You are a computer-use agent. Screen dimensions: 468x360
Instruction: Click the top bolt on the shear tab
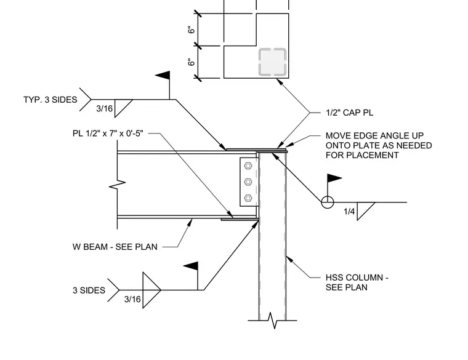pyautogui.click(x=248, y=166)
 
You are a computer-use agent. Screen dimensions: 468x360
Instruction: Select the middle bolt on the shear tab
pyautogui.click(x=248, y=182)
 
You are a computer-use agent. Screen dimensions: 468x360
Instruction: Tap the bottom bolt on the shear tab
pyautogui.click(x=248, y=198)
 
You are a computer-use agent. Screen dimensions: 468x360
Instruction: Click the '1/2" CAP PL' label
pyautogui.click(x=349, y=113)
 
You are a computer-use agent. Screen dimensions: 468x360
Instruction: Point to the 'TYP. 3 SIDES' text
pyautogui.click(x=50, y=100)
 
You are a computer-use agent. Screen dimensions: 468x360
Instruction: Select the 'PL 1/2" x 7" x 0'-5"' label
pyautogui.click(x=108, y=133)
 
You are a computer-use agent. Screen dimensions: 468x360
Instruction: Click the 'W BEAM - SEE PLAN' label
pyautogui.click(x=115, y=247)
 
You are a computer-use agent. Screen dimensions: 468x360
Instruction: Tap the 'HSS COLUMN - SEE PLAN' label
pyautogui.click(x=357, y=282)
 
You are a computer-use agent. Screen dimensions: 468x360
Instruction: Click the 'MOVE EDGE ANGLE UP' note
pyautogui.click(x=374, y=136)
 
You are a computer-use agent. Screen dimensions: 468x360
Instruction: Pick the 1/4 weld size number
pyautogui.click(x=349, y=212)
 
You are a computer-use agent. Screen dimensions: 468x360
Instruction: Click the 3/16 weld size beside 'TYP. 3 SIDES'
pyautogui.click(x=104, y=108)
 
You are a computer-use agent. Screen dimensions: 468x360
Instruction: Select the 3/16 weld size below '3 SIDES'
pyautogui.click(x=132, y=299)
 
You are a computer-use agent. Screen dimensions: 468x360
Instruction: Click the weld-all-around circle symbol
pyautogui.click(x=328, y=202)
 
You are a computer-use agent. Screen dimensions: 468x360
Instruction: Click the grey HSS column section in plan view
pyautogui.click(x=273, y=62)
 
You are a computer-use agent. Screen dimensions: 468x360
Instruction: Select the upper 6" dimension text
pyautogui.click(x=192, y=30)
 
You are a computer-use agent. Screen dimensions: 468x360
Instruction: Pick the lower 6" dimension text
pyautogui.click(x=192, y=62)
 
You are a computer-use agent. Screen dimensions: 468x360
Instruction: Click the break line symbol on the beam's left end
pyautogui.click(x=117, y=185)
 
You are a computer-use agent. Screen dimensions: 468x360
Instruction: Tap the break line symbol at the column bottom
pyautogui.click(x=273, y=321)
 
